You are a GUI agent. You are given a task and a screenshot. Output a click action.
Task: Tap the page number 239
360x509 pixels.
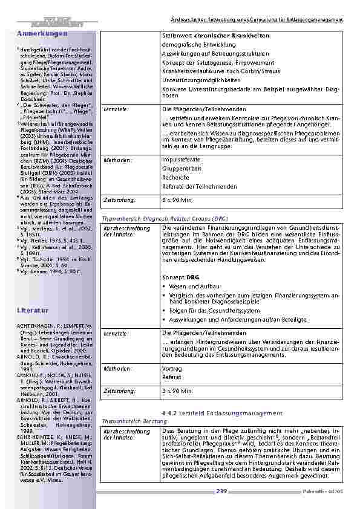click(221, 491)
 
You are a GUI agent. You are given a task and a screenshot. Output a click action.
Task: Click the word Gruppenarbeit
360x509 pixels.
click(181, 169)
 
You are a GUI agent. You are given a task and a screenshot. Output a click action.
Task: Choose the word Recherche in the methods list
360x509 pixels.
click(175, 178)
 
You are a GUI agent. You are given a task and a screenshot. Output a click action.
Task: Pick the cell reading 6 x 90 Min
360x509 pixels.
click(178, 199)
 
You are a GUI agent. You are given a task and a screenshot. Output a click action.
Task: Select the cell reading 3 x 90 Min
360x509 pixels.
click(178, 391)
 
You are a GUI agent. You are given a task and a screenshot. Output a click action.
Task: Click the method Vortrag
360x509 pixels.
click(172, 368)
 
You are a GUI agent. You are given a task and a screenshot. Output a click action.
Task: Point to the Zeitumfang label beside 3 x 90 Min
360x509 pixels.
click(119, 391)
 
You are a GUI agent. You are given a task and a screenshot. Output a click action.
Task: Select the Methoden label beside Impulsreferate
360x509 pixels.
click(116, 159)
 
